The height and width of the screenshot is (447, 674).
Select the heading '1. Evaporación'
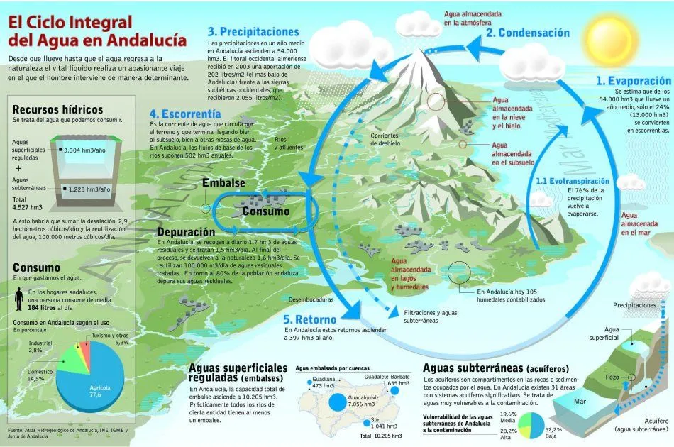point(633,81)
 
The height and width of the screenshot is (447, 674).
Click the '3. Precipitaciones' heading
point(253,31)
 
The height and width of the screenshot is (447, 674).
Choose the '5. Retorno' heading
point(311,319)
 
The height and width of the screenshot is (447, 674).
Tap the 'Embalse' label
point(223,183)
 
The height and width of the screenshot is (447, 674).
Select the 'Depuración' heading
point(186,232)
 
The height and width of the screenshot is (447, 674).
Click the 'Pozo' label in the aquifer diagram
point(612,377)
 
